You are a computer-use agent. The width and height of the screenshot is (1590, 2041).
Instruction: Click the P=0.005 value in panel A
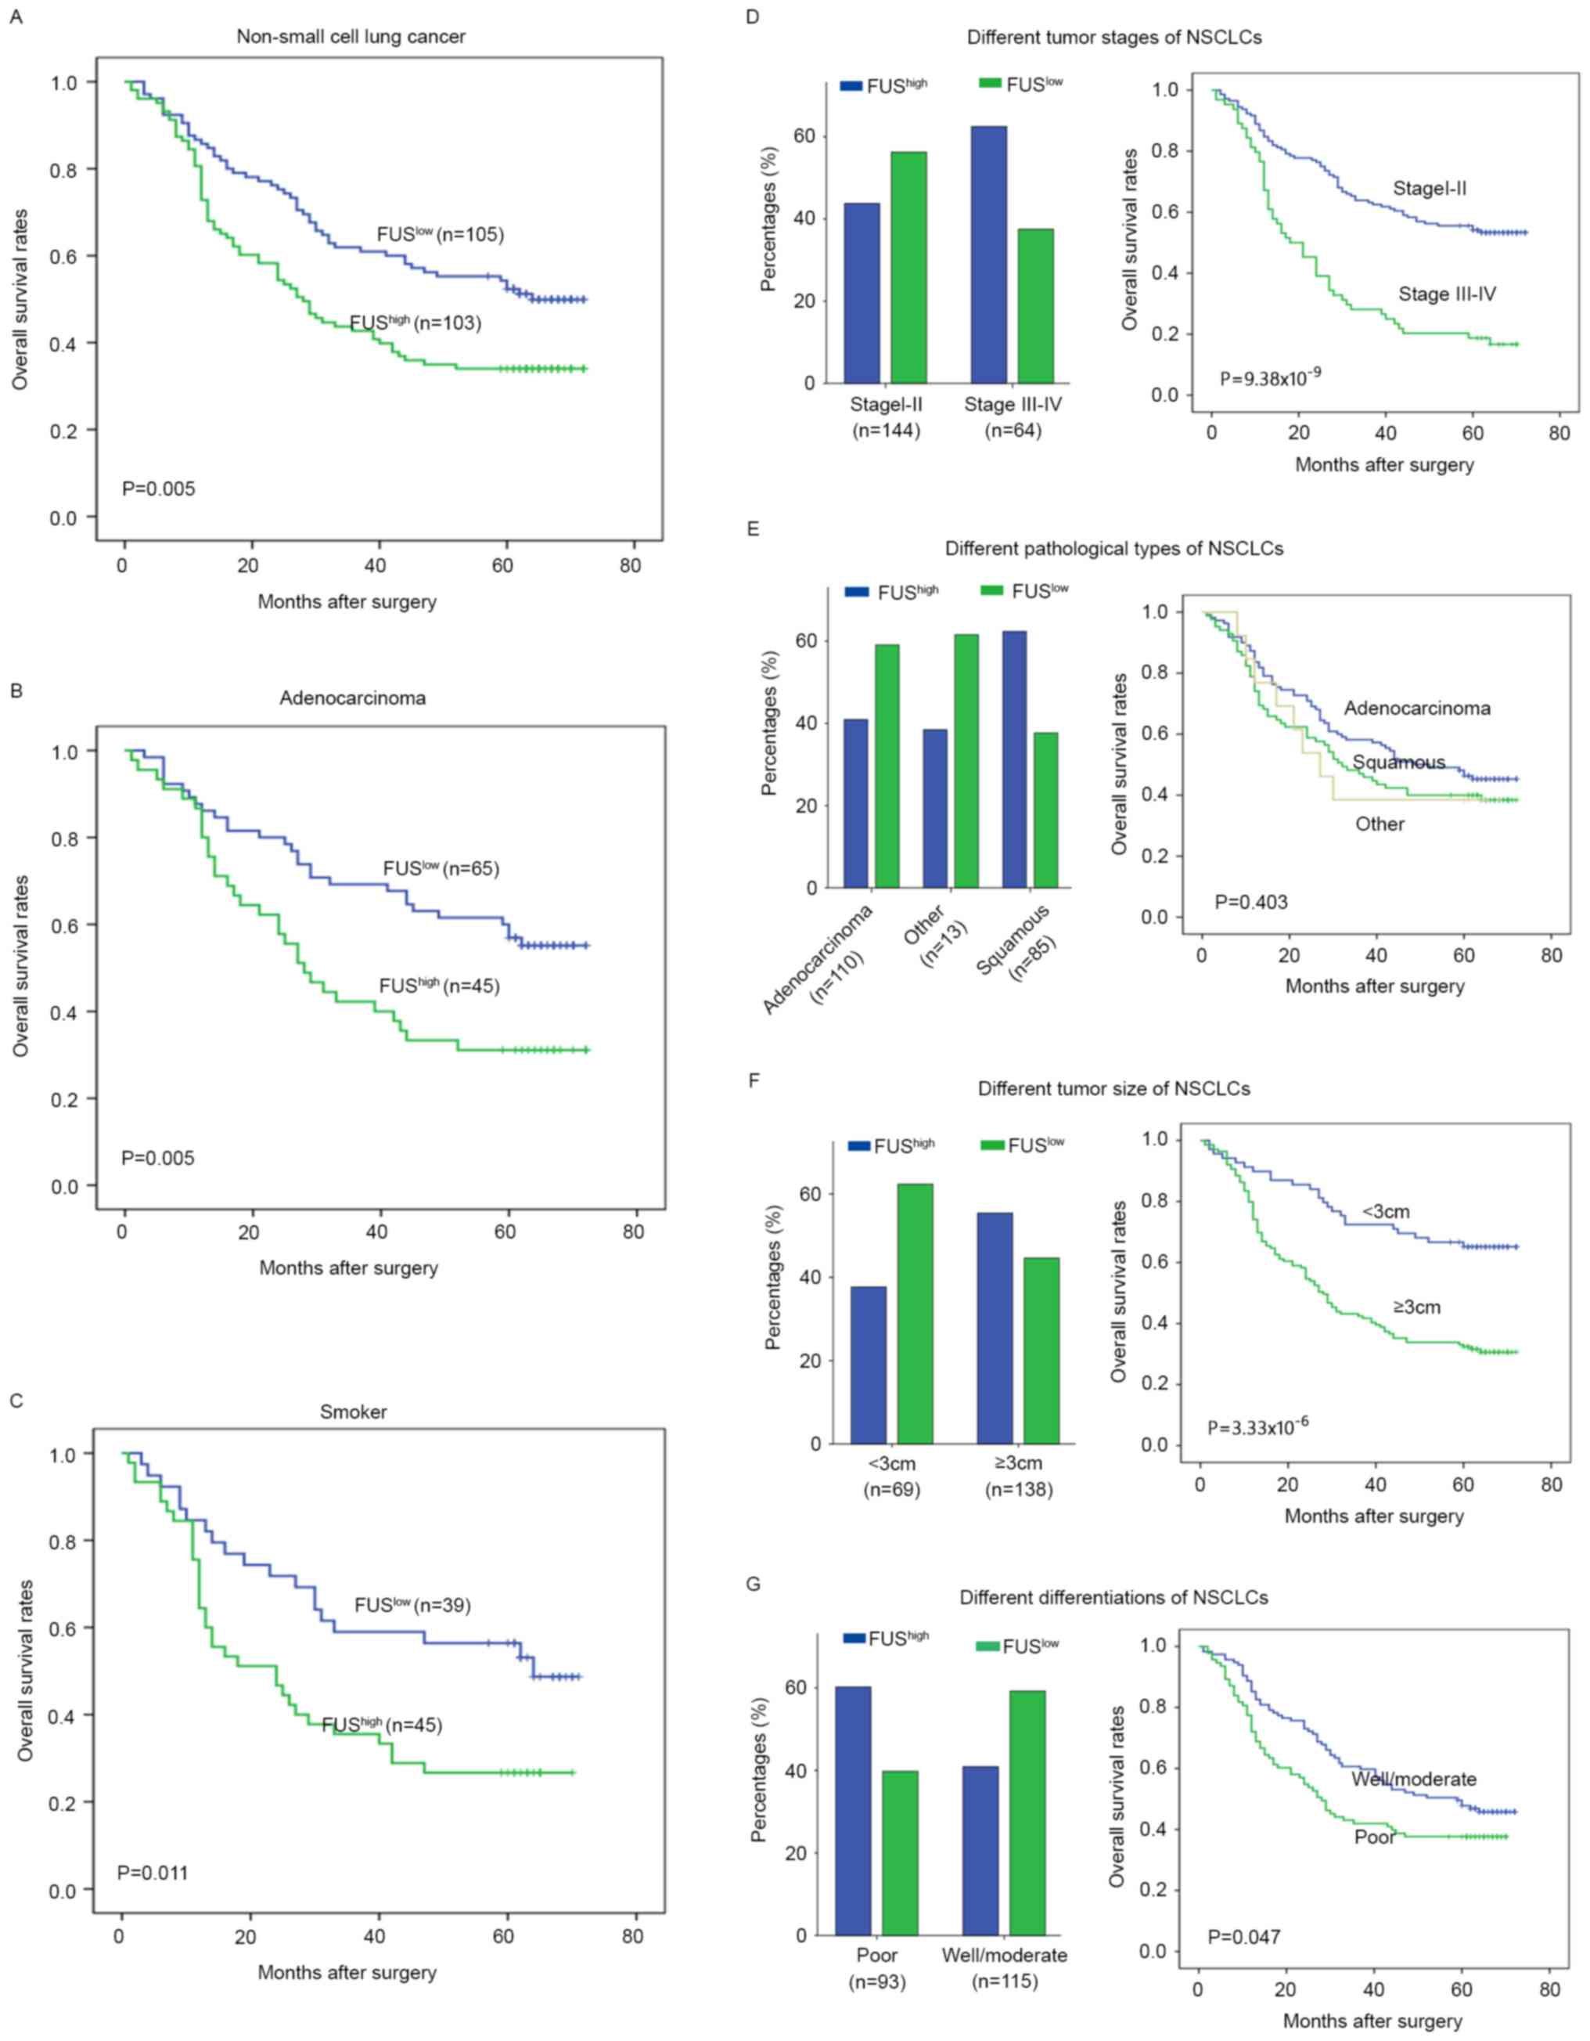[159, 488]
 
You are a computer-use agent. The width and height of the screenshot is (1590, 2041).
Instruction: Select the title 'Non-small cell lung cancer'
[351, 37]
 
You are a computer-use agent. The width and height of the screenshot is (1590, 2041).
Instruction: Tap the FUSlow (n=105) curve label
[440, 235]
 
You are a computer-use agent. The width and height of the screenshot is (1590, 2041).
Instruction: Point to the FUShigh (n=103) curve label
[415, 323]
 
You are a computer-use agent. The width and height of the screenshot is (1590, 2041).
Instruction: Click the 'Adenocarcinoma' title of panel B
[352, 698]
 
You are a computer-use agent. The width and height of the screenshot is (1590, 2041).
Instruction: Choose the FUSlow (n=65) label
[441, 869]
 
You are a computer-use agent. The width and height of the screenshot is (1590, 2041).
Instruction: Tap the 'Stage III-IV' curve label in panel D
[1447, 294]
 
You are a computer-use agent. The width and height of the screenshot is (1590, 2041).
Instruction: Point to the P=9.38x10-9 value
[1271, 378]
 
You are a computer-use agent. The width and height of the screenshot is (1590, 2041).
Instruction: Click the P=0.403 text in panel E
[1251, 902]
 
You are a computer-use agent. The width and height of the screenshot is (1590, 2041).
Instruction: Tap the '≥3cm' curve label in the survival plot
[1417, 1307]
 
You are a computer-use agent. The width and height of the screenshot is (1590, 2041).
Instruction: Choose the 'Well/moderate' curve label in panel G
[1413, 1780]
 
